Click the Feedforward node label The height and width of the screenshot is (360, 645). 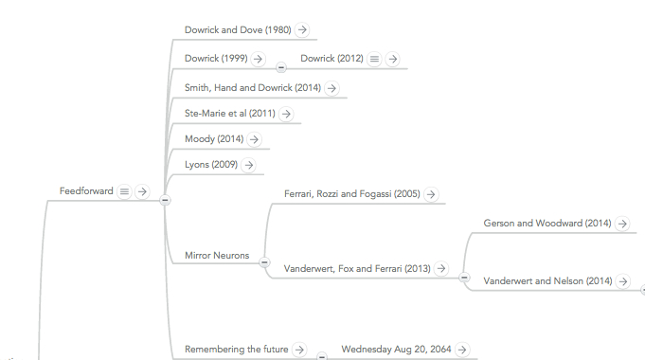click(86, 191)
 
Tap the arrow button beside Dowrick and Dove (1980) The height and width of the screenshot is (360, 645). click(302, 29)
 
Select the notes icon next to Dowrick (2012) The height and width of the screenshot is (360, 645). click(374, 59)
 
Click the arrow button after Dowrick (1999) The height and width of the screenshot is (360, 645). click(258, 59)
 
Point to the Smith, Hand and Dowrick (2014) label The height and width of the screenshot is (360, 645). click(253, 88)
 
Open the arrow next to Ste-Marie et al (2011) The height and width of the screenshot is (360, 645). click(286, 114)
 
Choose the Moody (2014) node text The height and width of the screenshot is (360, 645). click(214, 139)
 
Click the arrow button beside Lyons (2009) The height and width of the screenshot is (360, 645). click(248, 165)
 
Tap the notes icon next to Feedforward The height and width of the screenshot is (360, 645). click(124, 191)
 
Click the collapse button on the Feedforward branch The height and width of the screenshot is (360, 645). click(165, 200)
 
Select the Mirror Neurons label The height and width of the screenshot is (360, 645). click(217, 255)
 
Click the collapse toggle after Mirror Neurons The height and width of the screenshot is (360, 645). click(264, 262)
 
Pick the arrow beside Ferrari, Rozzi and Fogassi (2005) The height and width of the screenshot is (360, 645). click(431, 194)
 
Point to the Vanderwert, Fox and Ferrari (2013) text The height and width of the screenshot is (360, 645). click(357, 269)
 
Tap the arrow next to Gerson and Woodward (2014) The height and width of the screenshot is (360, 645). click(622, 224)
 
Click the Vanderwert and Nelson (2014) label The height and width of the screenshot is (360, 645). click(547, 281)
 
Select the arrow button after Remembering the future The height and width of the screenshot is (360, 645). click(299, 350)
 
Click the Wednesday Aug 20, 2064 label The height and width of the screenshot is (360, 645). click(396, 350)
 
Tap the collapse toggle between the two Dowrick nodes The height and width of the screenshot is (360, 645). click(281, 67)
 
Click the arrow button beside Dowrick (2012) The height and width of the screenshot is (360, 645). click(393, 59)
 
